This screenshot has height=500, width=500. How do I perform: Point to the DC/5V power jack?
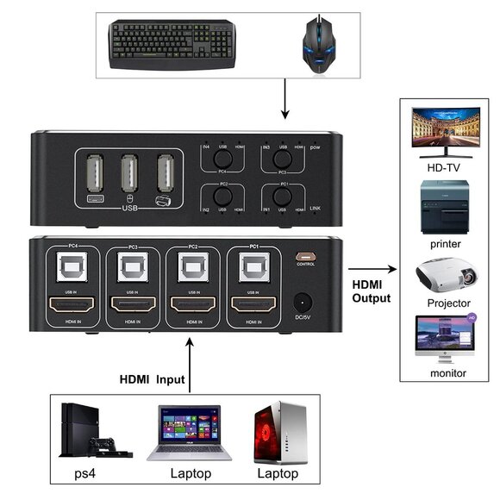tap(303, 303)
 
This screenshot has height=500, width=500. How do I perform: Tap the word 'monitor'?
tap(448, 373)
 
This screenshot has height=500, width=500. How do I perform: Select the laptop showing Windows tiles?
tap(184, 434)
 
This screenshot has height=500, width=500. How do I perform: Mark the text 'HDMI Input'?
tap(147, 379)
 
